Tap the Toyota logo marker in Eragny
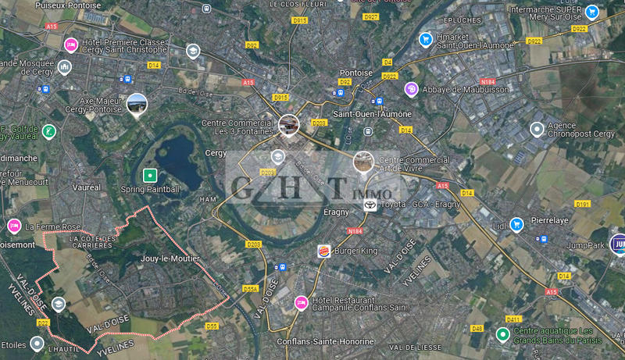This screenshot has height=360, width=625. coord(370,205)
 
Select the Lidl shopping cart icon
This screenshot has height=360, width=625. coord(516,225)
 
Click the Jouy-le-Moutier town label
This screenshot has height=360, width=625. coord(170,258)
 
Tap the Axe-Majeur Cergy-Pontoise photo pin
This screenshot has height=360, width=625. coord(136,104)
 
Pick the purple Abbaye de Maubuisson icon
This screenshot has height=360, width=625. coord(411,89)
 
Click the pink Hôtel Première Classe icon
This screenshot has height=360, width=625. coord(70,44)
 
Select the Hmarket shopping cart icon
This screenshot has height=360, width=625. coord(425,39)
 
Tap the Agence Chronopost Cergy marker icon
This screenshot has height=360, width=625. coord(537,129)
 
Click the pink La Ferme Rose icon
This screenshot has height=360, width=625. coord(13,226)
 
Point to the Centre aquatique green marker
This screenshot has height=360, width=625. coord(502,335)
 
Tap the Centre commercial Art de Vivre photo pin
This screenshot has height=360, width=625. coord(362,162)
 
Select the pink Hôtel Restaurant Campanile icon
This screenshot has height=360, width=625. coord(301,302)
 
